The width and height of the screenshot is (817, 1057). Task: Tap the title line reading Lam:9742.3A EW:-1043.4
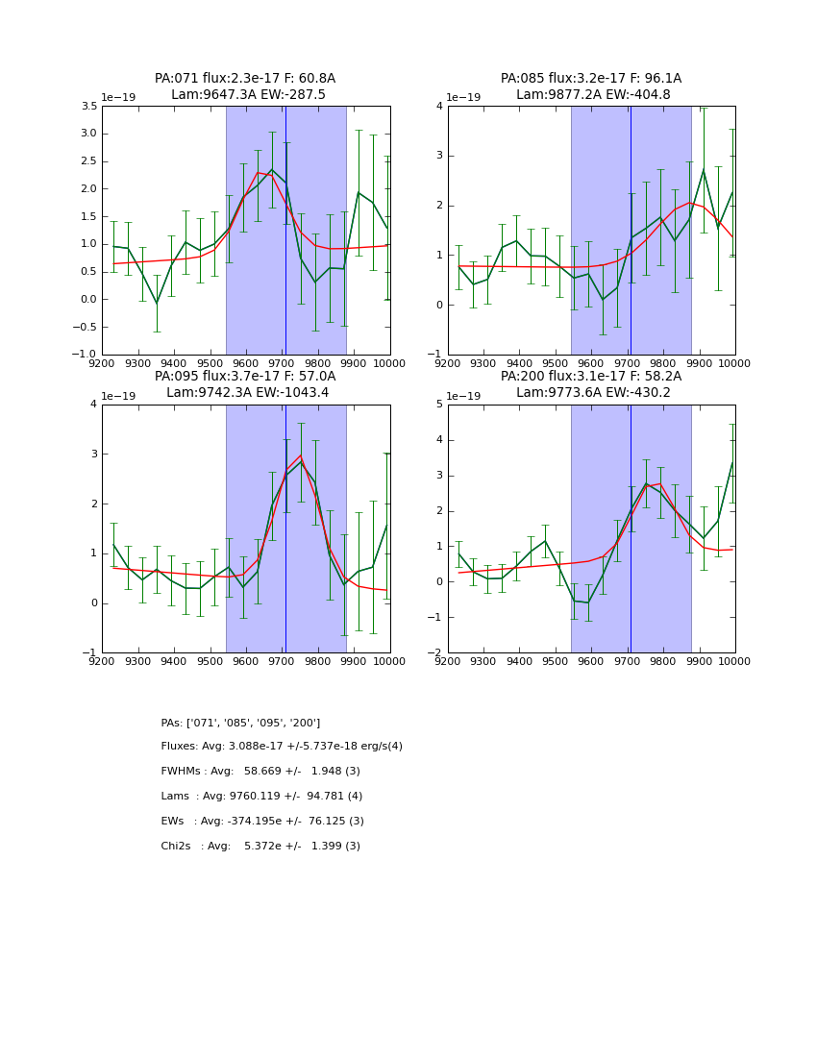point(245,392)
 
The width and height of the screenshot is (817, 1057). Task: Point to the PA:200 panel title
point(590,377)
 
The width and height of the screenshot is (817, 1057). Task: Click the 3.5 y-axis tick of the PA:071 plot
point(87,106)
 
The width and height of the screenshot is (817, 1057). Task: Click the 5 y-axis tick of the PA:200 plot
point(437,405)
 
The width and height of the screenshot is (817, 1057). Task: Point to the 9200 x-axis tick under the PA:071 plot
point(102,363)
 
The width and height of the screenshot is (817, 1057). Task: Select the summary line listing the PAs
point(240,723)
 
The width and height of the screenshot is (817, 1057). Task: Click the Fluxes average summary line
point(282,747)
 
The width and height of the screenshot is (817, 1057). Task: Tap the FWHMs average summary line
point(260,772)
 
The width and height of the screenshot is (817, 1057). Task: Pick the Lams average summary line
point(261,797)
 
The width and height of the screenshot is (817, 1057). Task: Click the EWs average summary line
point(262,822)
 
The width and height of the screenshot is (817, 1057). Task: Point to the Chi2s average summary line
point(260,847)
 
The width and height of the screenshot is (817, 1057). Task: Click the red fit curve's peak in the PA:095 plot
point(301,455)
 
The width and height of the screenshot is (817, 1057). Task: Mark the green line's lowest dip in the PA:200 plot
point(588,602)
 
